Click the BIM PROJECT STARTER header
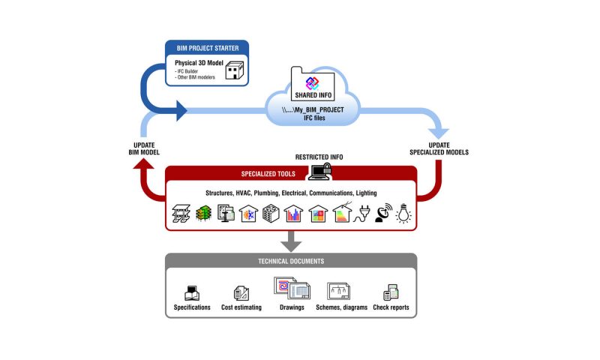pyautogui.click(x=208, y=48)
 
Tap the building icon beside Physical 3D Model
pyautogui.click(x=235, y=70)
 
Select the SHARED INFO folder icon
pyautogui.click(x=313, y=84)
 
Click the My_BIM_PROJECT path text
pyautogui.click(x=313, y=109)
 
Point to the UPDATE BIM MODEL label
pyautogui.click(x=144, y=148)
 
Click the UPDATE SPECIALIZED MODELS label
pyautogui.click(x=439, y=148)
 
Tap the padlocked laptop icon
pyautogui.click(x=320, y=171)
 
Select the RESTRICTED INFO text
pyautogui.click(x=319, y=157)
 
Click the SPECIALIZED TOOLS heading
pyautogui.click(x=268, y=174)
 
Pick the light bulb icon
pyautogui.click(x=403, y=213)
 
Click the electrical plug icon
pyautogui.click(x=361, y=214)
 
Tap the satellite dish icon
pyautogui.click(x=383, y=213)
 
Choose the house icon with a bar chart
pyautogui.click(x=293, y=214)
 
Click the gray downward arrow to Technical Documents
pyautogui.click(x=291, y=241)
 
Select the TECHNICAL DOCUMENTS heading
pyautogui.click(x=291, y=261)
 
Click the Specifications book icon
pyautogui.click(x=192, y=293)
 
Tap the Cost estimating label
pyautogui.click(x=241, y=307)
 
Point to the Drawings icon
pyautogui.click(x=292, y=288)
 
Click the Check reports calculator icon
pyautogui.click(x=391, y=292)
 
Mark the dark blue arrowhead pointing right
pyautogui.click(x=181, y=111)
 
